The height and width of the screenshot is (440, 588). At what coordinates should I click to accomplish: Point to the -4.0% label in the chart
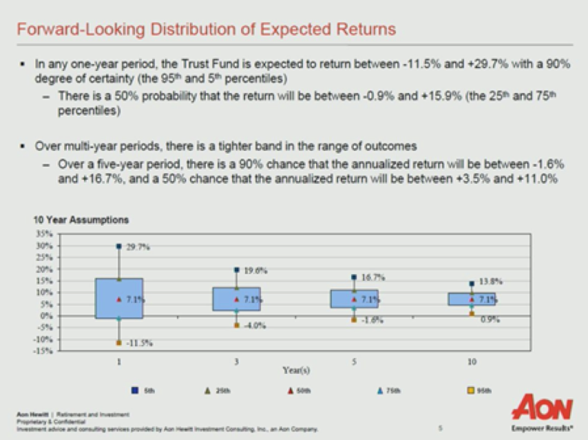click(x=255, y=325)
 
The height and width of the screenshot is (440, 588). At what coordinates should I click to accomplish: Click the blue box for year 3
click(x=236, y=299)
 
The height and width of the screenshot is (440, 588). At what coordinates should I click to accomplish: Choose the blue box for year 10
click(x=472, y=299)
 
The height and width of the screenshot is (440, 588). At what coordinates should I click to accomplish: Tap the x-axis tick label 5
click(x=354, y=361)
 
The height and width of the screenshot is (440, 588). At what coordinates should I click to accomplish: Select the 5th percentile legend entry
click(x=144, y=390)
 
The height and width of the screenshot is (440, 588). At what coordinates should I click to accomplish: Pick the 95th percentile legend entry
click(x=479, y=390)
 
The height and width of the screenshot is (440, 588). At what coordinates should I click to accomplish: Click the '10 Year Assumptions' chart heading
click(x=81, y=220)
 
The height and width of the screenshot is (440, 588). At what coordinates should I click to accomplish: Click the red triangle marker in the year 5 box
click(x=354, y=300)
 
